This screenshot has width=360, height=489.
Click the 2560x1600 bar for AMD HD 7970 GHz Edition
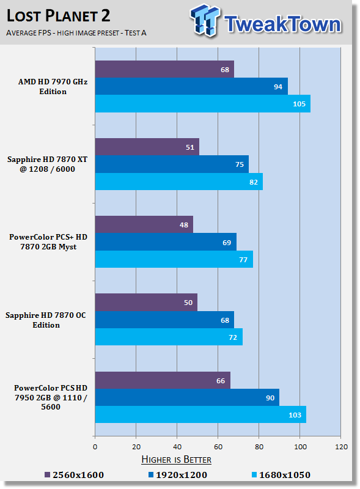(x=164, y=69)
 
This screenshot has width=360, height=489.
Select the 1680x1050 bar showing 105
(x=203, y=103)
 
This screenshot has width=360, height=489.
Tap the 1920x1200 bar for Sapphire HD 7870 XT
(x=172, y=164)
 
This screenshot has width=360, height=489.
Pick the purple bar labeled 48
(x=144, y=224)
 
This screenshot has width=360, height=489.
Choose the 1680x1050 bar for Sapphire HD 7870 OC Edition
(x=169, y=337)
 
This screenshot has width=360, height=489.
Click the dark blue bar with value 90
(x=187, y=397)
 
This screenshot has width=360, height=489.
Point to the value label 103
(x=295, y=415)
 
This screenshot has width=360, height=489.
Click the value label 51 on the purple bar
(x=190, y=147)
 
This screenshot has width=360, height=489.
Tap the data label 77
(x=243, y=260)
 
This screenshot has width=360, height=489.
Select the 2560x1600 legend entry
(x=74, y=475)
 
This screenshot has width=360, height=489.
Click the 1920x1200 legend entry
(x=178, y=475)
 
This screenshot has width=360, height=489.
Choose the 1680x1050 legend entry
(x=281, y=475)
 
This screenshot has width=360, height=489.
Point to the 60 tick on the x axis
(x=218, y=447)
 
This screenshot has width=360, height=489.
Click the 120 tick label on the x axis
(x=341, y=447)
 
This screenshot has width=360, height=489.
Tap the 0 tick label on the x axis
(x=95, y=447)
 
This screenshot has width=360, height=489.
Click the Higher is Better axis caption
(x=176, y=460)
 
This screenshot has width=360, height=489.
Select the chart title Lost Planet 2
(x=58, y=16)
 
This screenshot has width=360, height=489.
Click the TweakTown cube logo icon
(x=205, y=20)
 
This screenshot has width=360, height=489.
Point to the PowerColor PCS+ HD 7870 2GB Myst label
(x=48, y=241)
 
